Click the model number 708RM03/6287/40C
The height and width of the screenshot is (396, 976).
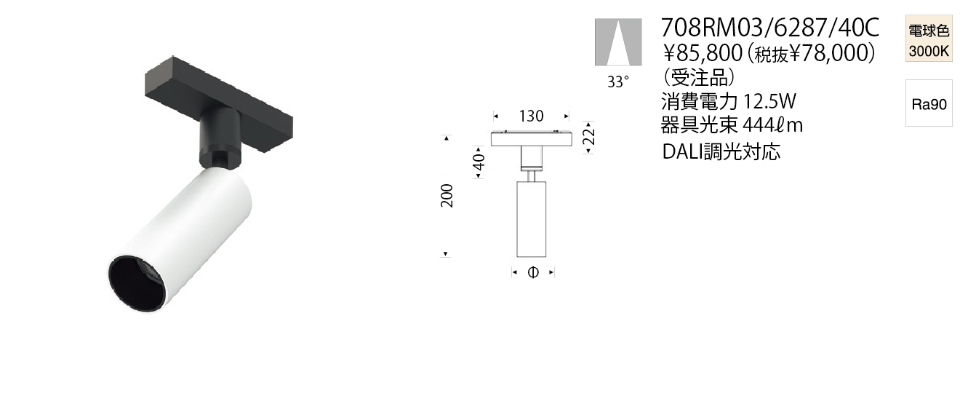770,28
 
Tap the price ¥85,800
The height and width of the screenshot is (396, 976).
703,53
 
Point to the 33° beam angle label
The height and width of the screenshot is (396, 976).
618,82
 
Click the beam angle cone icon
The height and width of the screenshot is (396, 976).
618,42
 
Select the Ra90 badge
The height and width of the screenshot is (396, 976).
929,103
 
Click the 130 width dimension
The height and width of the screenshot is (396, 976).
531,116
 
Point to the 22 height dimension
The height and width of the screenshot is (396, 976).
588,137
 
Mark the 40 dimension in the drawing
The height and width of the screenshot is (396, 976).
479,162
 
